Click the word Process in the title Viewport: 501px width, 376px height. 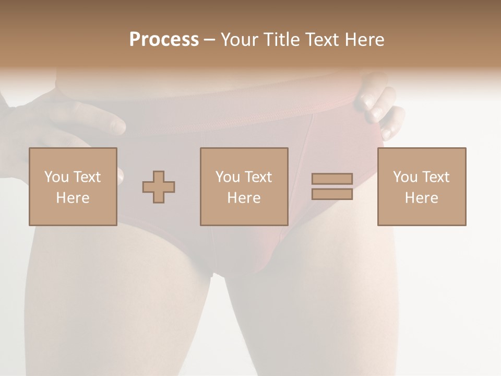(x=164, y=40)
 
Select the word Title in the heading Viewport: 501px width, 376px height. (x=280, y=40)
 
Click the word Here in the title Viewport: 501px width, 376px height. (x=366, y=40)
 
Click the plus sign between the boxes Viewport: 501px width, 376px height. (x=159, y=187)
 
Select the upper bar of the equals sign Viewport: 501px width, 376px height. (x=332, y=179)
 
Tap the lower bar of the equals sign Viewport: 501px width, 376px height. (x=332, y=194)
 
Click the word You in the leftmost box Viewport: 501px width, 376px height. (x=56, y=177)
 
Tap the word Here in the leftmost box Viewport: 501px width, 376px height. (x=73, y=198)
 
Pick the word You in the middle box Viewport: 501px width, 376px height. (x=227, y=177)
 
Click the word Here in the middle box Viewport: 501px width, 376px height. (x=244, y=198)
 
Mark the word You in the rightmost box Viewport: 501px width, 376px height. (x=404, y=177)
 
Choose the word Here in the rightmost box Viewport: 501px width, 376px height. (x=421, y=198)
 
